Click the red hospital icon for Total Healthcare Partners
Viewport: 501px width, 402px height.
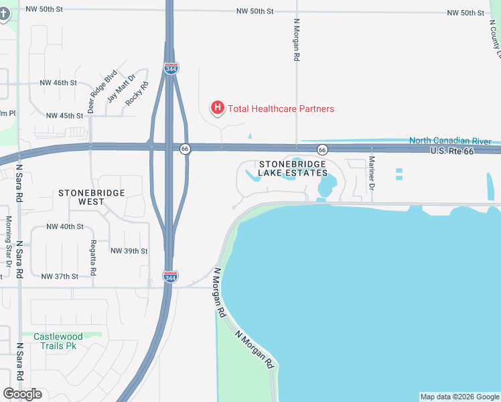pyautogui.click(x=217, y=107)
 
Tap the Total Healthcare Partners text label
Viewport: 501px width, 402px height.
pyautogui.click(x=281, y=109)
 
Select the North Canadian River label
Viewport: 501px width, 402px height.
pyautogui.click(x=450, y=141)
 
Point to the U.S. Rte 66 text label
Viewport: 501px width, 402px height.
pyautogui.click(x=451, y=152)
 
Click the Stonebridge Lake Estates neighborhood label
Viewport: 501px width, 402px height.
pyautogui.click(x=293, y=168)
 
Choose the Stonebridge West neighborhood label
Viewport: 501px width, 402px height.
pyautogui.click(x=91, y=197)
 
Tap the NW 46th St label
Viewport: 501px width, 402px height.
pyautogui.click(x=58, y=83)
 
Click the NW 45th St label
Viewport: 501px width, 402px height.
pyautogui.click(x=64, y=115)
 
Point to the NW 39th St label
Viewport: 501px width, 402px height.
pyautogui.click(x=129, y=251)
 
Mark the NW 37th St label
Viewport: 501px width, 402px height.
pyautogui.click(x=60, y=276)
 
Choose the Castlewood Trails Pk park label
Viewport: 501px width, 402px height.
pyautogui.click(x=59, y=341)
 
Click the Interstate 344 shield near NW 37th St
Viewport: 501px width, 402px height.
pyautogui.click(x=170, y=275)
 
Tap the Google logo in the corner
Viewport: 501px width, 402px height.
pyautogui.click(x=22, y=394)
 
